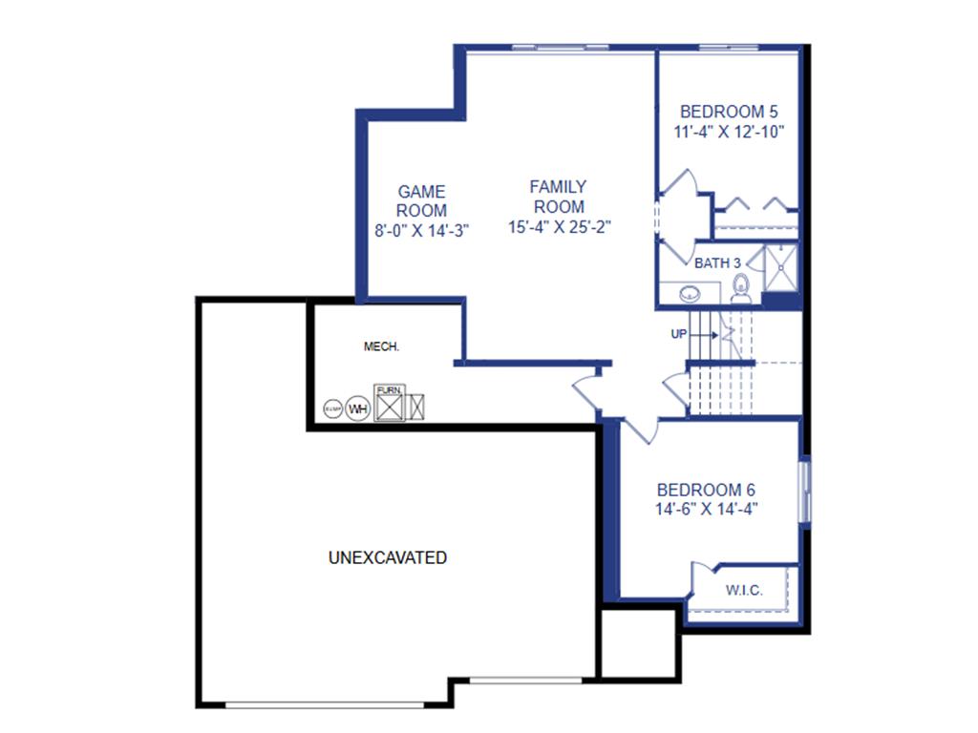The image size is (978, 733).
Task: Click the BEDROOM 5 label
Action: click(x=729, y=111)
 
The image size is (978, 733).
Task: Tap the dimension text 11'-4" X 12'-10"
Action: click(x=729, y=133)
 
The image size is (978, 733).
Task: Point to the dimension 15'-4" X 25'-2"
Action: click(x=559, y=227)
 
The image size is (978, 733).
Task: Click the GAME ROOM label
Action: click(x=421, y=201)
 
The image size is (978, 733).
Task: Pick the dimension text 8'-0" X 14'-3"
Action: click(x=421, y=230)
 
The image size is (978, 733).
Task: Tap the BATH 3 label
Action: click(x=717, y=262)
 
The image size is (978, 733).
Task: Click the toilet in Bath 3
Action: click(x=740, y=287)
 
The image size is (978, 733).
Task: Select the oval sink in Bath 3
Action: click(x=690, y=294)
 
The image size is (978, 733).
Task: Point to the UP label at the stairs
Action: click(x=679, y=334)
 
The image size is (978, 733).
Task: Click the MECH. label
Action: click(x=381, y=347)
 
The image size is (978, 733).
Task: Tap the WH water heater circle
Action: click(x=357, y=408)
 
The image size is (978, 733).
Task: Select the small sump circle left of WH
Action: click(x=332, y=408)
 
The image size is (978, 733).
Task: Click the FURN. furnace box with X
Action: click(x=389, y=405)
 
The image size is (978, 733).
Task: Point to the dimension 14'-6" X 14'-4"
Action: click(x=706, y=510)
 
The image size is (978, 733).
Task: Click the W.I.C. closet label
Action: click(x=743, y=591)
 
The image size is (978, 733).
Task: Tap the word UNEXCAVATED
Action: click(x=387, y=557)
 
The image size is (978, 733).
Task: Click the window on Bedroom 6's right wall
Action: click(x=804, y=491)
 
